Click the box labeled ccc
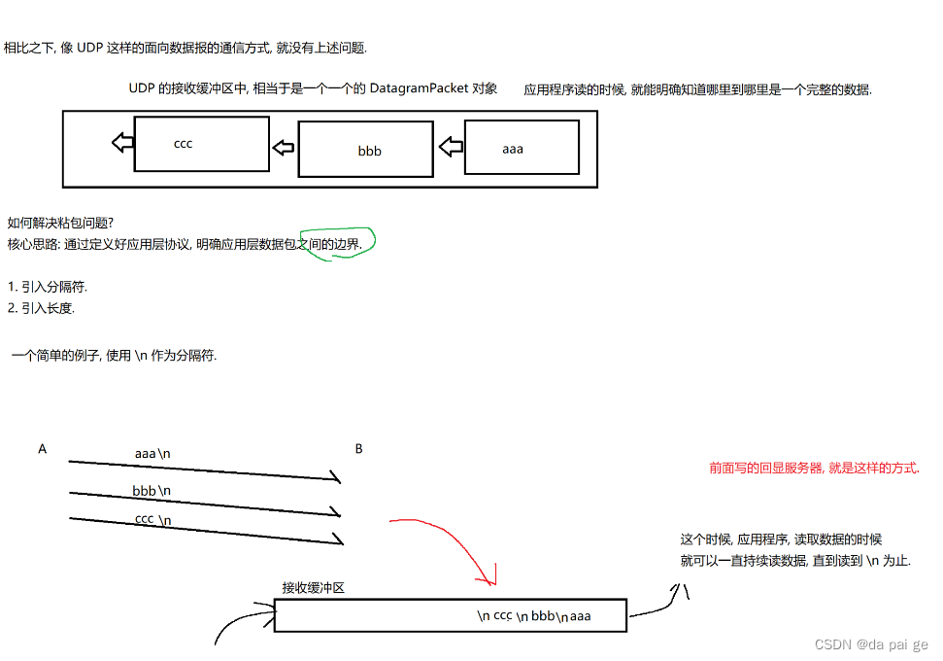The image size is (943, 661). (201, 144)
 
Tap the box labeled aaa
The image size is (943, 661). (522, 147)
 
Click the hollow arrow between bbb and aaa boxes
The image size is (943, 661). (451, 148)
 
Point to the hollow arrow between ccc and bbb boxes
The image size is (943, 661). (284, 148)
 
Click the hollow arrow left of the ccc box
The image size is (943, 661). (123, 143)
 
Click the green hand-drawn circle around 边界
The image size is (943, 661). (337, 243)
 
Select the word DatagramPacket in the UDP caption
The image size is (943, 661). (419, 88)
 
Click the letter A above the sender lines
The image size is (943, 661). (42, 449)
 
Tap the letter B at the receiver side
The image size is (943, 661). (358, 449)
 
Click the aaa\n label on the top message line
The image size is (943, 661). (152, 454)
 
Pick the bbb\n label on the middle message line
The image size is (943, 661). (152, 491)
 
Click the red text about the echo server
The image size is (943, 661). (814, 468)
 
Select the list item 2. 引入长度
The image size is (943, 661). (41, 308)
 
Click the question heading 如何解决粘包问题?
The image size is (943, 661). (60, 223)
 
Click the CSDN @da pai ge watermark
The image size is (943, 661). (871, 644)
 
